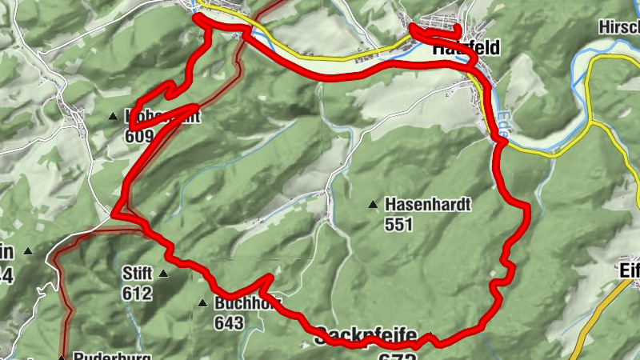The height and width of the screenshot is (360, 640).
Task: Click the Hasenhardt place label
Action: pyautogui.click(x=428, y=205)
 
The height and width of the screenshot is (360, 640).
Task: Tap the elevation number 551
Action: pyautogui.click(x=398, y=225)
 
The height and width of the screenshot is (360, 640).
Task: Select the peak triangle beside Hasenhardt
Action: pyautogui.click(x=373, y=206)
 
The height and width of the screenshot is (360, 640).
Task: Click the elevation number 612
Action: pyautogui.click(x=137, y=293)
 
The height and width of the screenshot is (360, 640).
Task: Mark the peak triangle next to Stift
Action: pyautogui.click(x=163, y=274)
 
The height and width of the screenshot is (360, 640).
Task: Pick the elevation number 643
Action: pyautogui.click(x=228, y=322)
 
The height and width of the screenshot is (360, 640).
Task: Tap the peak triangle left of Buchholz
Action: pyautogui.click(x=202, y=304)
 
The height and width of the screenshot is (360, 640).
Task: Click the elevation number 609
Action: pyautogui.click(x=138, y=135)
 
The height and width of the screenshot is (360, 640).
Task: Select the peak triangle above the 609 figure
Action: pyautogui.click(x=113, y=117)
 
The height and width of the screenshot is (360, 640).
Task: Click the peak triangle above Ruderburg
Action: pyautogui.click(x=61, y=357)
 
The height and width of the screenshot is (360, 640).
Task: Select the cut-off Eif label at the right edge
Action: pyautogui.click(x=628, y=270)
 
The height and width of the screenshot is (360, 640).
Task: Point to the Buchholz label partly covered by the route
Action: pyautogui.click(x=240, y=303)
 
